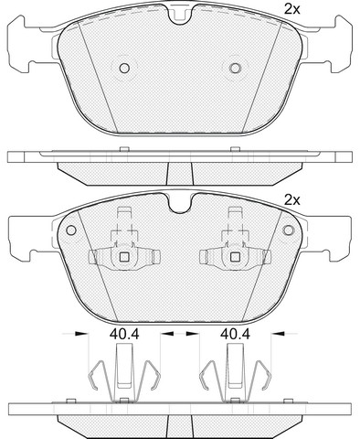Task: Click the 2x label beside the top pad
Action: coord(292,9)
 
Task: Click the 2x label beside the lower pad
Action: coord(292,200)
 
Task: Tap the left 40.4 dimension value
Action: coord(124,335)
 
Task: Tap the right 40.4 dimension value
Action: coord(235,335)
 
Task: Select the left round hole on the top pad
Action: coord(124,68)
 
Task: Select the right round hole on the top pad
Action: coord(235,68)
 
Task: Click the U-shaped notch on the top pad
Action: coord(180,16)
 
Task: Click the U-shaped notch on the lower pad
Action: coord(180,204)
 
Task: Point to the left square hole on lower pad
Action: coord(124,257)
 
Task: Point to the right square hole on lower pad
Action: coord(235,257)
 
